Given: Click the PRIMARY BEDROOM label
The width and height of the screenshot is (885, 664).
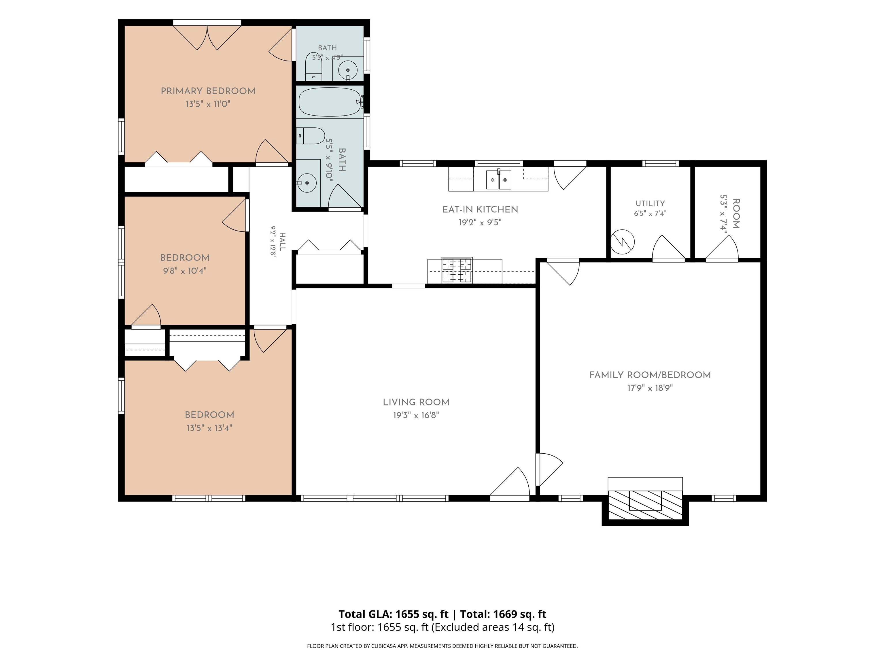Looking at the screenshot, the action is pyautogui.click(x=208, y=91).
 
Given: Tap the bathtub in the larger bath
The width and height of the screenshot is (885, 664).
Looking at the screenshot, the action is pyautogui.click(x=330, y=102).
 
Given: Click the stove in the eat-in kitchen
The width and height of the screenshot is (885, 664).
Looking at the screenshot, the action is pyautogui.click(x=457, y=270).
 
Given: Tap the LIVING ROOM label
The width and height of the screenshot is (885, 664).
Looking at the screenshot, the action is pyautogui.click(x=416, y=403).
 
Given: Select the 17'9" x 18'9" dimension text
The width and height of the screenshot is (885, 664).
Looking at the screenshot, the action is pyautogui.click(x=650, y=388).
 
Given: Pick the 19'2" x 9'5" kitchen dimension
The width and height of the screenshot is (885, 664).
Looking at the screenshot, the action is pyautogui.click(x=480, y=222).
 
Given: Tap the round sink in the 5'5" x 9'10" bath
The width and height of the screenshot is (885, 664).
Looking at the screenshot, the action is pyautogui.click(x=307, y=183).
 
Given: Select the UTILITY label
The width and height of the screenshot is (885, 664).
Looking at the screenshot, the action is pyautogui.click(x=650, y=203).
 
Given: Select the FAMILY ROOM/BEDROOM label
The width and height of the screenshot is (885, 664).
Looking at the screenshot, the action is pyautogui.click(x=650, y=375).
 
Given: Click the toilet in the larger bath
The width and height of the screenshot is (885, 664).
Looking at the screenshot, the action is pyautogui.click(x=311, y=136).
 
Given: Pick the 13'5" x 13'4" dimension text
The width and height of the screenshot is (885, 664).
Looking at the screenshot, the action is pyautogui.click(x=209, y=428).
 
